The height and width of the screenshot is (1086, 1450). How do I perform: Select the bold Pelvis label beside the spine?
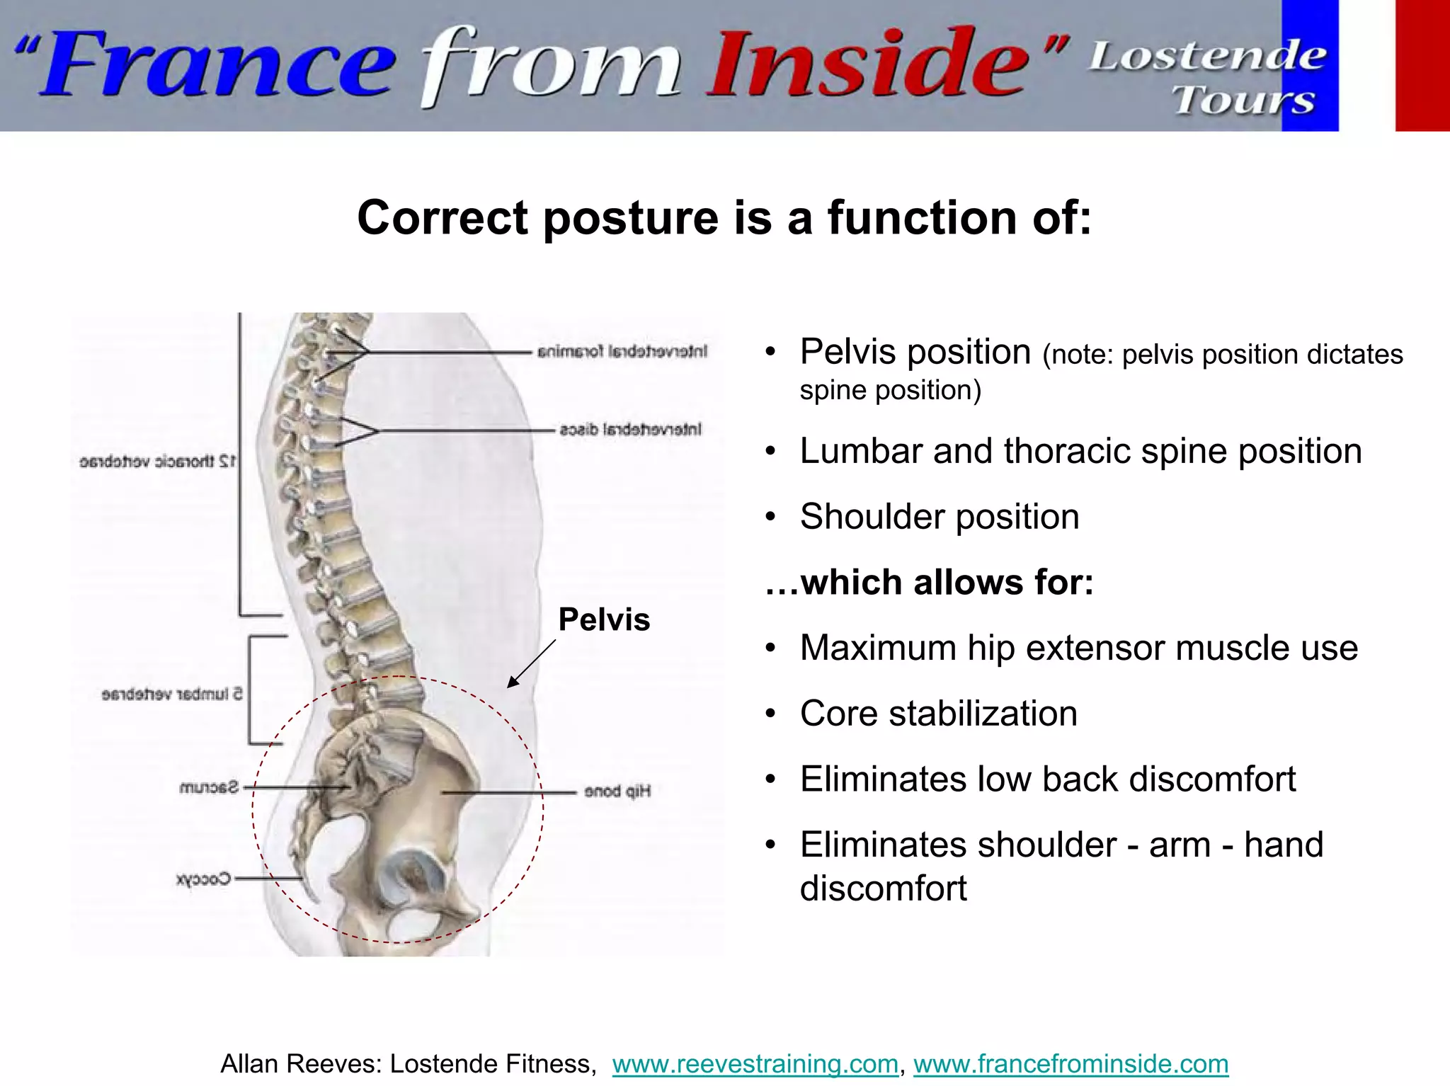point(604,619)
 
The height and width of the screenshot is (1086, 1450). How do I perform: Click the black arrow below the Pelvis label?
point(531,664)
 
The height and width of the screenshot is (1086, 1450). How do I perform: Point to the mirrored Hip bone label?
point(617,791)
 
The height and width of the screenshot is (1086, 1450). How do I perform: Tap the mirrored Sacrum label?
point(210,787)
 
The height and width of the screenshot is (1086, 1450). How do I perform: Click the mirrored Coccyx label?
point(203,879)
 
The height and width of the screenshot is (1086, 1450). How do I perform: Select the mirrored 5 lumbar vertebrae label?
point(172,694)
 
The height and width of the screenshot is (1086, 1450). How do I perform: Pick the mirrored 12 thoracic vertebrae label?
point(157,462)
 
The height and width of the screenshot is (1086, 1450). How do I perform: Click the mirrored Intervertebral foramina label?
point(622,351)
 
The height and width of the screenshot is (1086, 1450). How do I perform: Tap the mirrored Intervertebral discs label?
point(630,429)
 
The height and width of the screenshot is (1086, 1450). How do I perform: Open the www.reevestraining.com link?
point(755,1064)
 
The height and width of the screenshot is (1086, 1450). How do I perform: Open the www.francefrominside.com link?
point(1071,1064)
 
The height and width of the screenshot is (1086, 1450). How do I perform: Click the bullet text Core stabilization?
point(938,714)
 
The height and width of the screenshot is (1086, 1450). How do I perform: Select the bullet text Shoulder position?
point(939,517)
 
